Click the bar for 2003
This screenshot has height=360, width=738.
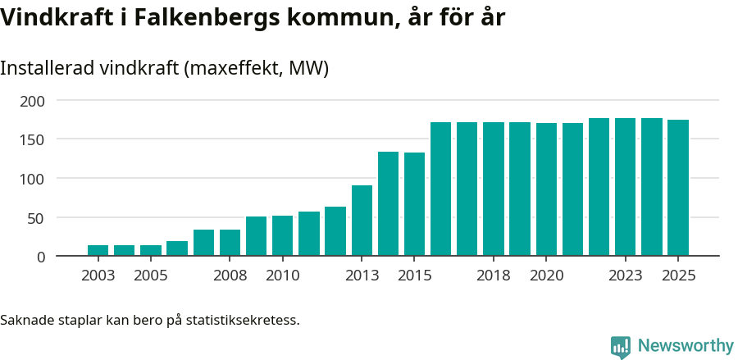(98, 250)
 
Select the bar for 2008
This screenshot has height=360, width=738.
(230, 243)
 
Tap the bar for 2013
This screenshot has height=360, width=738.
(362, 221)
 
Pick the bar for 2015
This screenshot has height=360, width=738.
(414, 204)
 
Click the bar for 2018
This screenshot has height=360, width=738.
(494, 189)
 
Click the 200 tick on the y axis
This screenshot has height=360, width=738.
(33, 101)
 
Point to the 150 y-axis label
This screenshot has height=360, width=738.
(33, 139)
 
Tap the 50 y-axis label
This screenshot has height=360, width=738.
(37, 218)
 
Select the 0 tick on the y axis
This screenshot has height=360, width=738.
(41, 257)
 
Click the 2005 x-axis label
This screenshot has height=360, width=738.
(151, 276)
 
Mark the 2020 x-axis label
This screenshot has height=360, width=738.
(546, 276)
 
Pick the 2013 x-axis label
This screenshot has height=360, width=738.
(362, 276)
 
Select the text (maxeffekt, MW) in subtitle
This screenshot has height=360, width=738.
(257, 68)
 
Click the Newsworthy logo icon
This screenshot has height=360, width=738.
(621, 346)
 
